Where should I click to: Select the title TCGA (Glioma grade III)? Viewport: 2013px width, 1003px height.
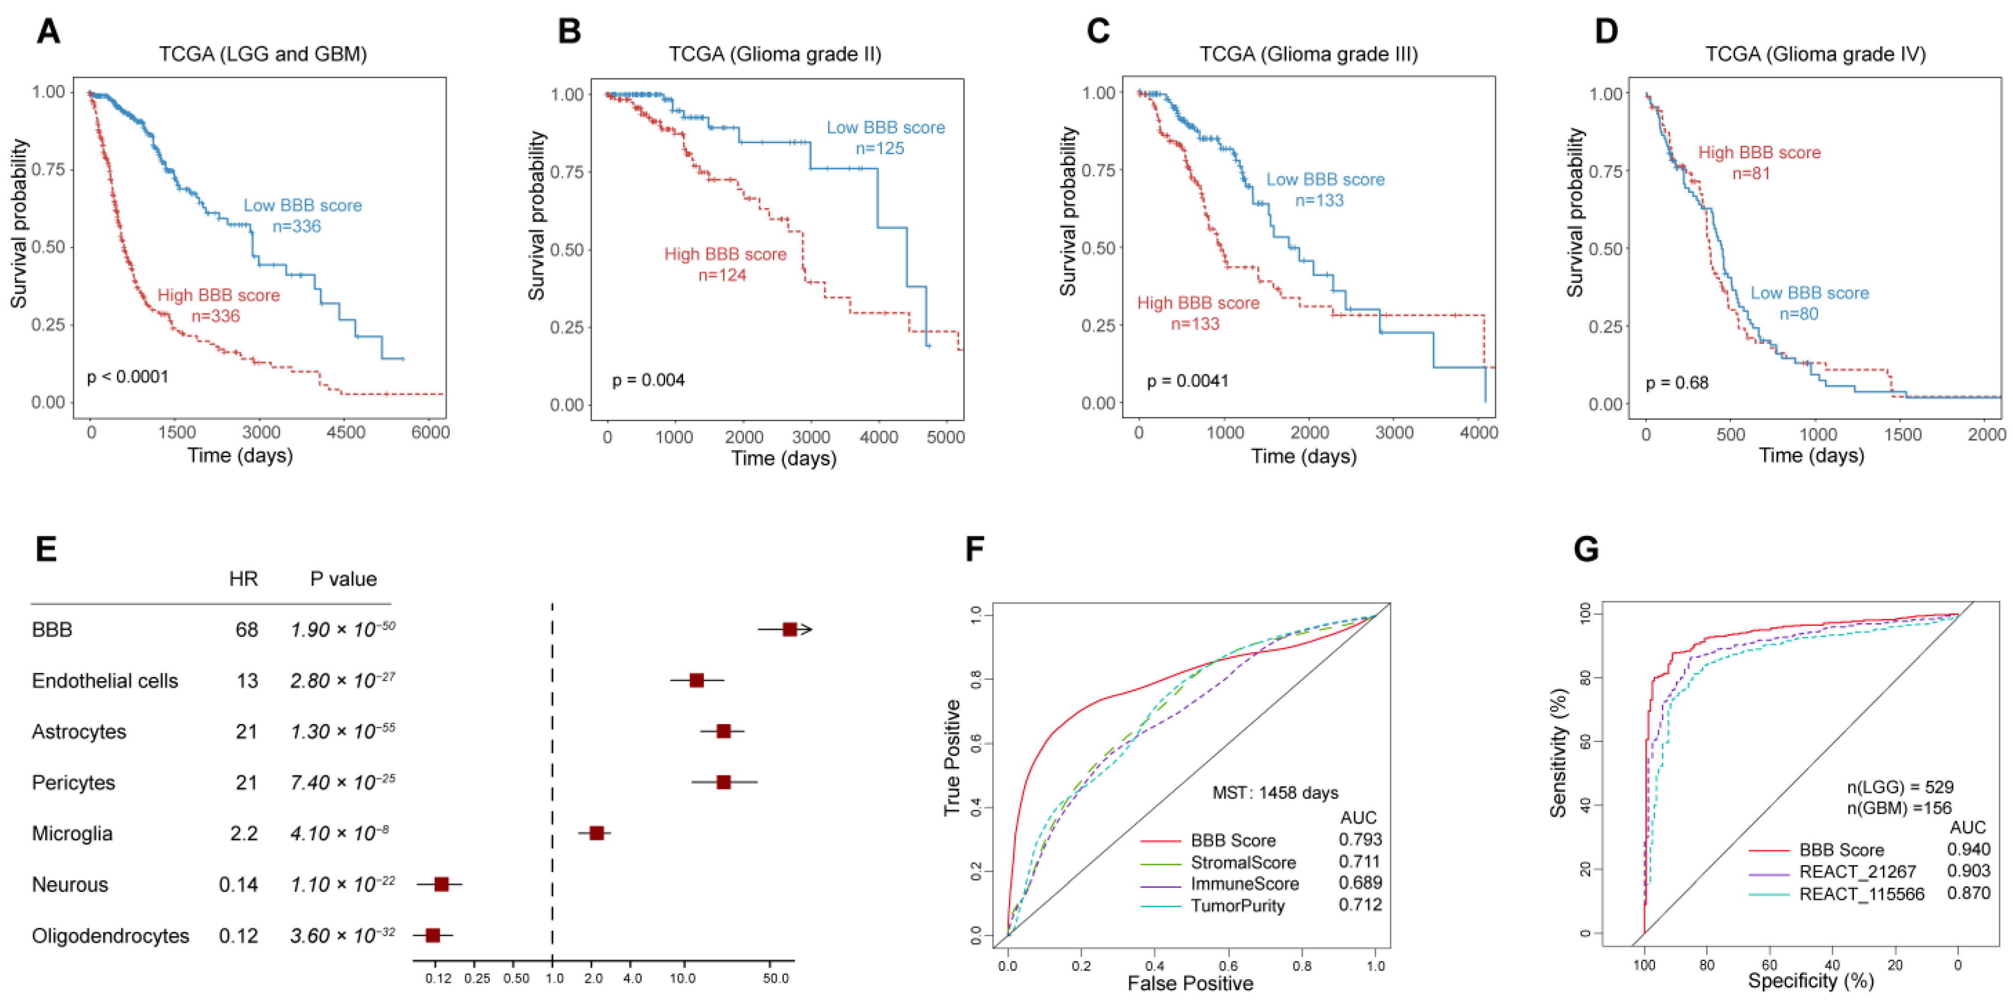click(x=1308, y=54)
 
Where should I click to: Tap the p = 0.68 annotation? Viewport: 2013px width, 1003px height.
click(x=1677, y=383)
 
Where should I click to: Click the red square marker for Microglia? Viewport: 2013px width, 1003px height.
click(x=596, y=833)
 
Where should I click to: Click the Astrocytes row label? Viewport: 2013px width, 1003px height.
click(x=79, y=732)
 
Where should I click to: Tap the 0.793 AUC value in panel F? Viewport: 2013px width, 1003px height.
click(x=1360, y=840)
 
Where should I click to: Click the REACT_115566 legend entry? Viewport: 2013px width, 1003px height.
click(x=1861, y=893)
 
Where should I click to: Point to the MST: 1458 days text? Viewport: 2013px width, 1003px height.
click(x=1275, y=793)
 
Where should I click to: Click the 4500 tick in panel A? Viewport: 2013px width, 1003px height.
click(x=345, y=432)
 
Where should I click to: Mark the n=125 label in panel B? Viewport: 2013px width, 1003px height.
click(x=880, y=149)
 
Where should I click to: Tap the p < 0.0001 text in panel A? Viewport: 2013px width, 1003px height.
click(x=127, y=377)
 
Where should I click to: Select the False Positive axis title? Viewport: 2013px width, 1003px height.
click(x=1190, y=983)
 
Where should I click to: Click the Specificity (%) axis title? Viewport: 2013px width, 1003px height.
click(x=1811, y=980)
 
